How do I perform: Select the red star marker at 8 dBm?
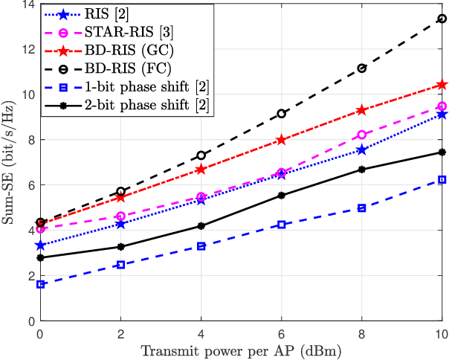tap(361, 110)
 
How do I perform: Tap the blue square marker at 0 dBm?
tap(40, 284)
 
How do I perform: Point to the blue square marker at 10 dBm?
tap(442, 179)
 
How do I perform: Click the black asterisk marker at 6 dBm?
tap(281, 196)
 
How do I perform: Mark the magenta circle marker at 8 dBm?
tap(361, 135)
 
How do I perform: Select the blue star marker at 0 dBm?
tap(40, 245)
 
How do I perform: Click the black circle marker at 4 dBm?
tap(201, 155)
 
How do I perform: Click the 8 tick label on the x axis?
tap(361, 332)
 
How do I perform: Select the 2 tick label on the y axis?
tap(30, 275)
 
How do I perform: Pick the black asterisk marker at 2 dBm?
tap(120, 246)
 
